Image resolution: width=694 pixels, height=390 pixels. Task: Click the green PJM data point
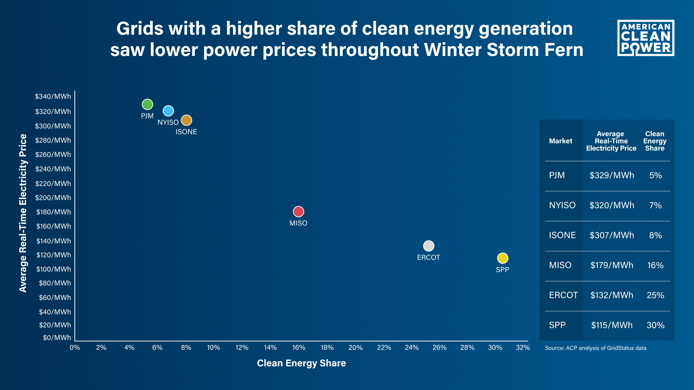pos(147,104)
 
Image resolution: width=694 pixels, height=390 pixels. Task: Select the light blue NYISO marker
pos(168,111)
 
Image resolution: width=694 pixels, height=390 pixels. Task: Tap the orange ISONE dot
pos(186,120)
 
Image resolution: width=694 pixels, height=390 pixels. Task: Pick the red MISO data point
pos(298,212)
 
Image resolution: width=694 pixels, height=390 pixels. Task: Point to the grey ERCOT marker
pos(428,246)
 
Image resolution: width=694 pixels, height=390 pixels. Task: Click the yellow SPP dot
pos(502,258)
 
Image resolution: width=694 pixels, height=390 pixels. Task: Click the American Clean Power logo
pos(646,38)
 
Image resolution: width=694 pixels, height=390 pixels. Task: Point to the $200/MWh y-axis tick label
pos(53,198)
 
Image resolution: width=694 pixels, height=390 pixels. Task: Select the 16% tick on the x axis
pos(299,347)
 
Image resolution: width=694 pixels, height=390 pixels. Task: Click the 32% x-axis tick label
pos(523,347)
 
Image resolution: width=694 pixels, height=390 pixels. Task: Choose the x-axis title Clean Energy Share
pos(301,363)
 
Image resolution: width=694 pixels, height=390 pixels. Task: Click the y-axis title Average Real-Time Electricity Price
pos(23,213)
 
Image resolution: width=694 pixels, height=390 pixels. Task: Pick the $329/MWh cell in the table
pos(612,175)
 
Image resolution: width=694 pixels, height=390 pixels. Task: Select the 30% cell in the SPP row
pos(655,325)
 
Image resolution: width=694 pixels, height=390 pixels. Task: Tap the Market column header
pos(560,141)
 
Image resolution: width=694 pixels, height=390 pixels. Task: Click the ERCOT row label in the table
pos(563,295)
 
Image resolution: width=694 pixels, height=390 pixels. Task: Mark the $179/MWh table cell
pos(612,265)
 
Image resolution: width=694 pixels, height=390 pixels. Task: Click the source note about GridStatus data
pos(596,348)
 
